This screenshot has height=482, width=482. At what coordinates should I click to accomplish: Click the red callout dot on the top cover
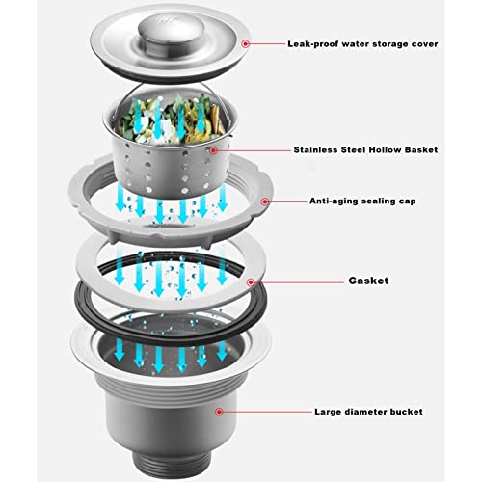[x=246, y=43]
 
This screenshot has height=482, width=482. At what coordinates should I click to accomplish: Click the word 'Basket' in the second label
[x=415, y=150]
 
